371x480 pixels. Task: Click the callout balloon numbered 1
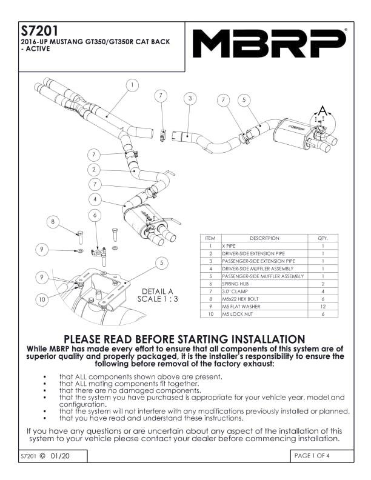(131, 85)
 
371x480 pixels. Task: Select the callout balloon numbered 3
(190, 98)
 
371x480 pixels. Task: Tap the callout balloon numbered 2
(93, 169)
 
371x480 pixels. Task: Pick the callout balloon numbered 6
(95, 215)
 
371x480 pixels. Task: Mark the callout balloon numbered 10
(41, 299)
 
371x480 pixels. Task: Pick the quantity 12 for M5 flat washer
(323, 306)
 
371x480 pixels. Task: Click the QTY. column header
(323, 238)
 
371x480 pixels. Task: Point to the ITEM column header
(210, 238)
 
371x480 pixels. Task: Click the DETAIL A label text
(157, 290)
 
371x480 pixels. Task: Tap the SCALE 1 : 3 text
(157, 299)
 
